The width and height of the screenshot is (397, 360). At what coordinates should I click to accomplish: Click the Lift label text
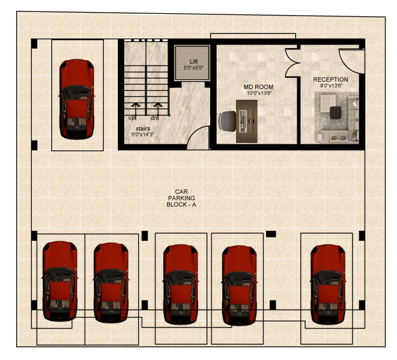[193, 62]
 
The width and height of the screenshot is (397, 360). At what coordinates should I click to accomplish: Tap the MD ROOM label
[258, 87]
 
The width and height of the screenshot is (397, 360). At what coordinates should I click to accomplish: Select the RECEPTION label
[330, 79]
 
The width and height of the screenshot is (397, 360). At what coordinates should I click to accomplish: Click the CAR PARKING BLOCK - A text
[181, 198]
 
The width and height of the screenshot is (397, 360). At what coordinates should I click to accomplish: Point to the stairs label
[142, 129]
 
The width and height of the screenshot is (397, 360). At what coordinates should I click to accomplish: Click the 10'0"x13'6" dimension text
[259, 93]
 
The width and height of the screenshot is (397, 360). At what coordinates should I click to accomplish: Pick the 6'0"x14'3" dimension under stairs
[142, 135]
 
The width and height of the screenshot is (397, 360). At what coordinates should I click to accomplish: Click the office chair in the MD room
[228, 121]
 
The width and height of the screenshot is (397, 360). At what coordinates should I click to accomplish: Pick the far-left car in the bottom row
[59, 280]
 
